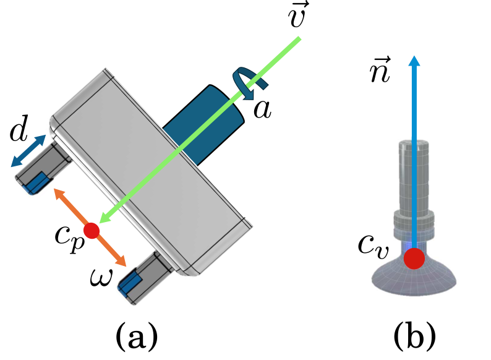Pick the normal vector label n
tap(378, 71)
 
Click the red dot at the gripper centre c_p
tap(92, 231)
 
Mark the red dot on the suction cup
tap(414, 258)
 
